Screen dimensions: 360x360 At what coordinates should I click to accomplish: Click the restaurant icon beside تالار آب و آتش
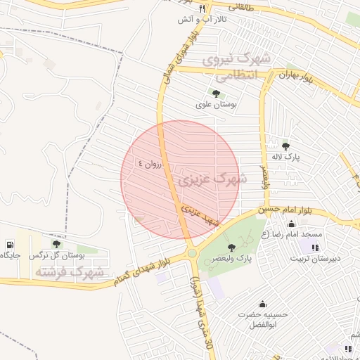click(x=202, y=8)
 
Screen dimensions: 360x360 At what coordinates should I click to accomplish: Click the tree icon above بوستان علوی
click(x=216, y=93)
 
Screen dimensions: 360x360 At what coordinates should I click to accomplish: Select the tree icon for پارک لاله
click(x=285, y=146)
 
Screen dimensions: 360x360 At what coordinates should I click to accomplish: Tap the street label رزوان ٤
click(x=150, y=162)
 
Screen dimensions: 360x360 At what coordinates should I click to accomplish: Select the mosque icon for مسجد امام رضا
click(x=291, y=224)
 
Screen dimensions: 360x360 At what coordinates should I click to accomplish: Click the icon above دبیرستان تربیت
click(x=315, y=247)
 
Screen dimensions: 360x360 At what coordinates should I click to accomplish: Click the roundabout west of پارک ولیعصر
click(x=191, y=253)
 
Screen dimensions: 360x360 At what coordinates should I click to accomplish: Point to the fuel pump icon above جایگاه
click(x=9, y=245)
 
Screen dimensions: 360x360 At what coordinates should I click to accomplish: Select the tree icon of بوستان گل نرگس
click(x=56, y=244)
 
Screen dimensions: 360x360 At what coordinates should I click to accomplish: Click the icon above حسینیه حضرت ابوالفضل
click(x=262, y=304)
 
